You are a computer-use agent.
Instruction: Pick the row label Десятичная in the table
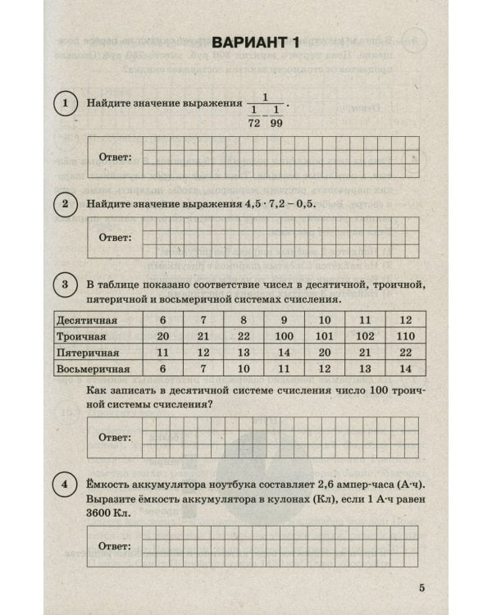click(88, 319)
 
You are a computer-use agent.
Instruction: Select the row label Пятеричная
click(89, 353)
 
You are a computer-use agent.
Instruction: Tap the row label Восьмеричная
click(93, 370)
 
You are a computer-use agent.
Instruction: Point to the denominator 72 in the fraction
click(253, 121)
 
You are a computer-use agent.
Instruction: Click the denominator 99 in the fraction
click(277, 121)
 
